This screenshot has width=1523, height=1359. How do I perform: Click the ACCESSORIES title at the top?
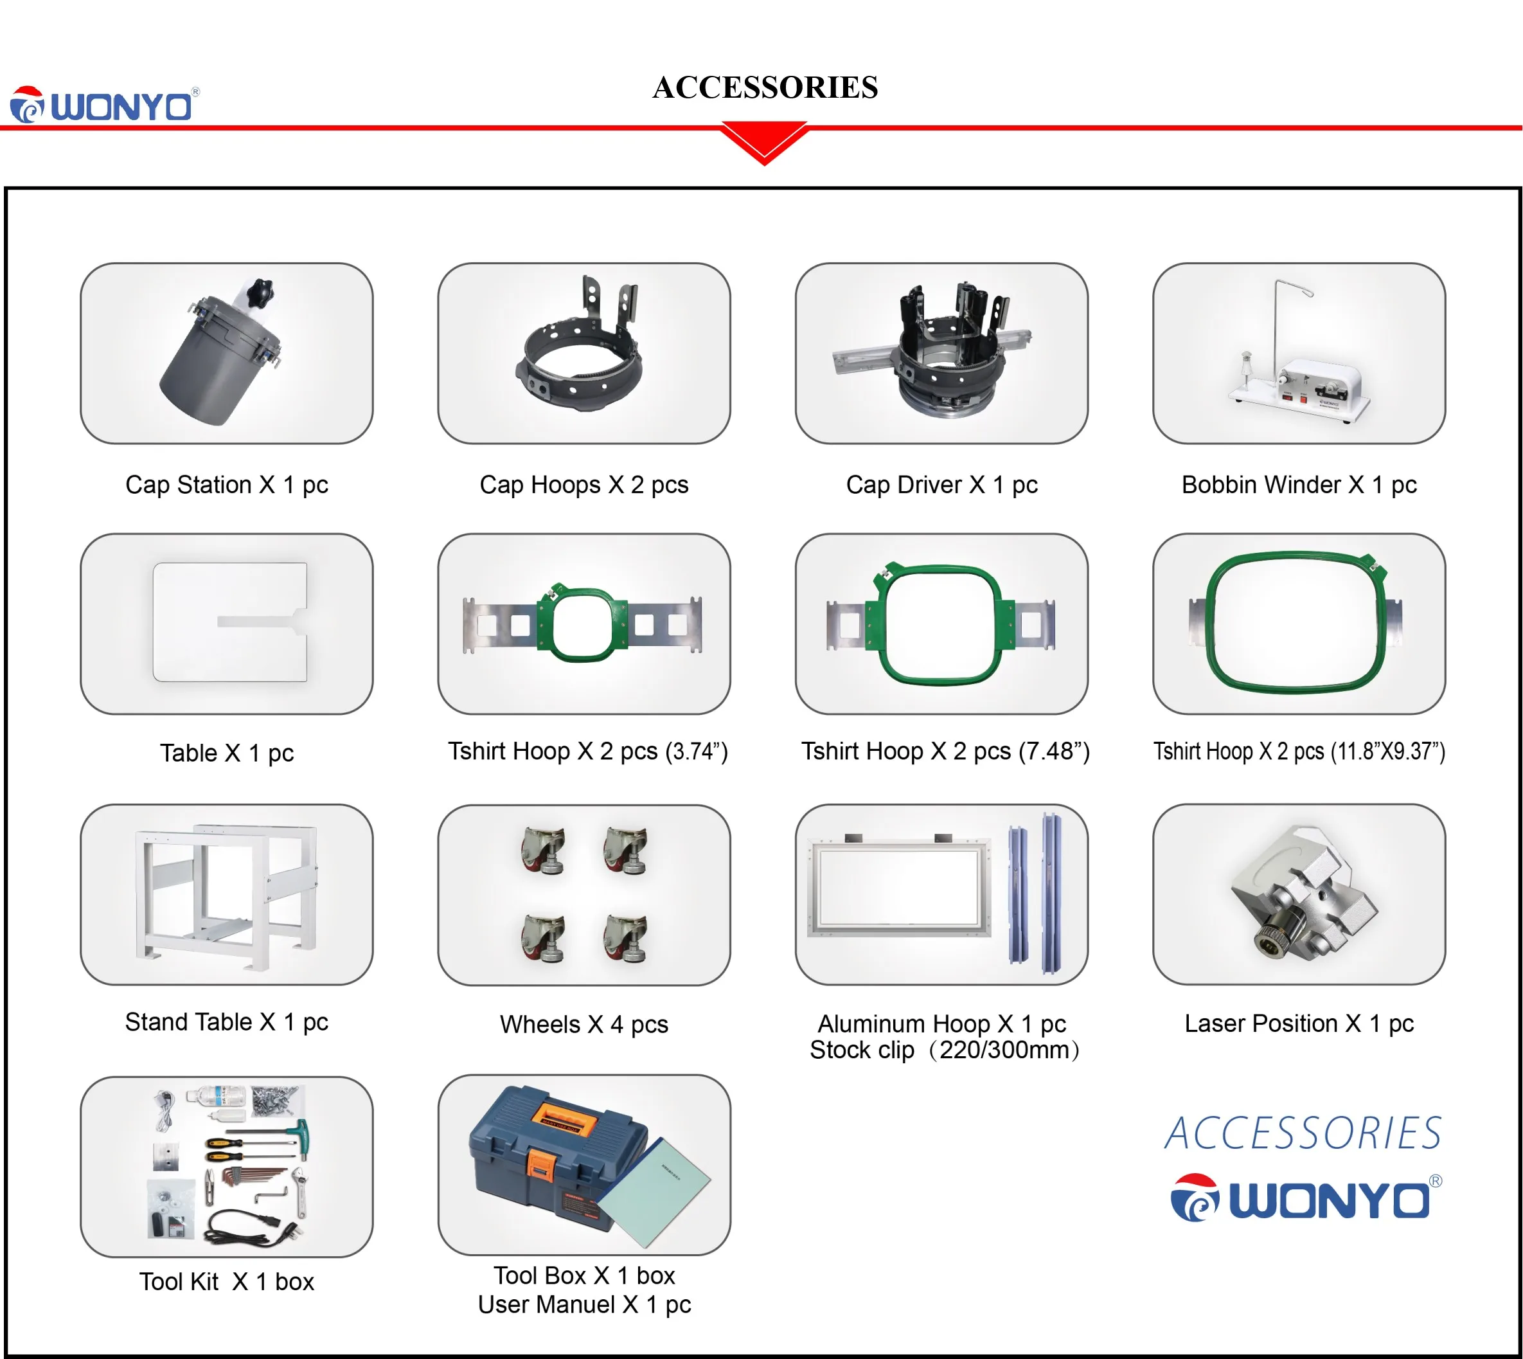(x=765, y=87)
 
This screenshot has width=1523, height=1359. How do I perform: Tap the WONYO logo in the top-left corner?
(x=105, y=105)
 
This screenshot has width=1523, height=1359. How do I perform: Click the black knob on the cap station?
(x=263, y=287)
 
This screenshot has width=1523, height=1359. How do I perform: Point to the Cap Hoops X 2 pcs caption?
(x=583, y=485)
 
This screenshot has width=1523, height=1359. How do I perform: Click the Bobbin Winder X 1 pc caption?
(x=1299, y=485)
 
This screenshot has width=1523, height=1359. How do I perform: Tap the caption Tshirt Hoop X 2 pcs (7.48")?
(x=945, y=751)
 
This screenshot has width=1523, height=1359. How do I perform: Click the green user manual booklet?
(x=654, y=1192)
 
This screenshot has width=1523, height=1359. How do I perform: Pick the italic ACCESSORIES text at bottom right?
(x=1303, y=1133)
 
